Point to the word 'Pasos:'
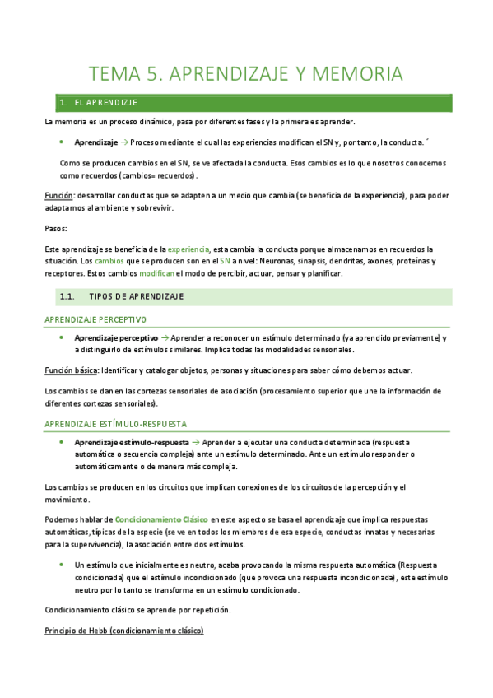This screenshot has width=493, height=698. click(57, 228)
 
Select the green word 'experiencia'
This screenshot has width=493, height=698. click(188, 249)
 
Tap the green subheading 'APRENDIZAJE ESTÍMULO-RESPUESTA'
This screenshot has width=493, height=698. click(115, 423)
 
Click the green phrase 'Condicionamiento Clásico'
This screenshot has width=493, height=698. click(161, 520)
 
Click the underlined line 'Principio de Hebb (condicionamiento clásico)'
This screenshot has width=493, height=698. click(124, 630)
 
